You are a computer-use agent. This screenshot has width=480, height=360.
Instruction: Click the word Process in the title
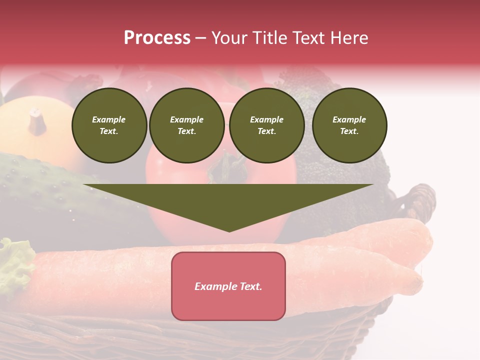(x=157, y=37)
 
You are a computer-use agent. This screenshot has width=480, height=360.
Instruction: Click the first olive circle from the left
(x=109, y=125)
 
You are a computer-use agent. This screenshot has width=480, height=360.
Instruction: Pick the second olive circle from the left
(x=187, y=125)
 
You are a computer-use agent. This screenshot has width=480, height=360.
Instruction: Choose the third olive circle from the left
(x=266, y=125)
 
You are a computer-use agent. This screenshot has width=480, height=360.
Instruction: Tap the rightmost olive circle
(x=349, y=125)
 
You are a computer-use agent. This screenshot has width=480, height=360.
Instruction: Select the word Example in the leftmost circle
(x=109, y=119)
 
